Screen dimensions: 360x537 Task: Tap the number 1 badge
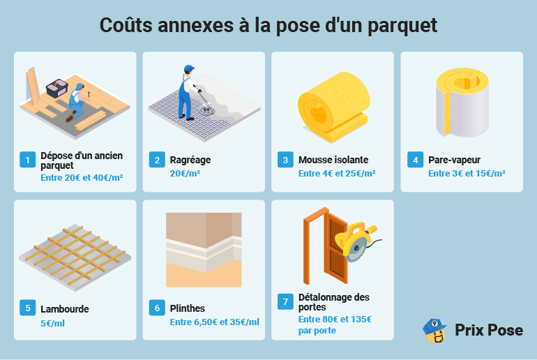(27, 160)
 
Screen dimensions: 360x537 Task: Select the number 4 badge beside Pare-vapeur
(415, 160)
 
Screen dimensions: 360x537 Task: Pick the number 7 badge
(285, 301)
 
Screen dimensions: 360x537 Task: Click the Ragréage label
(190, 160)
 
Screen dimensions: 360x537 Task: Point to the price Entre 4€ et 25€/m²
(337, 174)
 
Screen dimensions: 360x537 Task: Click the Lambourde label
(65, 309)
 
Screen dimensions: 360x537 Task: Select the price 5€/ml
(53, 323)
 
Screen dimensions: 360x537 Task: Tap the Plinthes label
(188, 308)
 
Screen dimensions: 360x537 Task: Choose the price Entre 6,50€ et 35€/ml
(214, 322)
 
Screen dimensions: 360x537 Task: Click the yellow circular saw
(355, 239)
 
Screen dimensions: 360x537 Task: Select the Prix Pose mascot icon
(434, 331)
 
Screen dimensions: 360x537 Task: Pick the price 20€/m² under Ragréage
(185, 174)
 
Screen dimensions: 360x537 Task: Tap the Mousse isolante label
(333, 160)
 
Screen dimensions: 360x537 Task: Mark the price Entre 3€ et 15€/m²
(467, 174)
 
